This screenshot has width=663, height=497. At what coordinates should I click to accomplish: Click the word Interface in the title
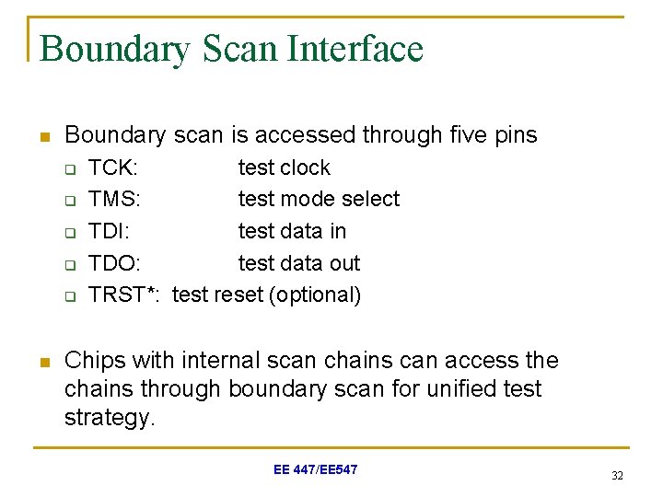coord(355,49)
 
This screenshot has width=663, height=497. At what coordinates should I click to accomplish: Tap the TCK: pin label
coord(113,168)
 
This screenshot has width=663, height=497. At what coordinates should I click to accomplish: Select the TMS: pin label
coord(114,199)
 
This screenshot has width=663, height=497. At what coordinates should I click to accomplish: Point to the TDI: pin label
coord(109,231)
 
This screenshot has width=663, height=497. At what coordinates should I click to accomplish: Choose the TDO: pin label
coord(114,263)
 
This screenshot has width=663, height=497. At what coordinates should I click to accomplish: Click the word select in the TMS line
coord(368,199)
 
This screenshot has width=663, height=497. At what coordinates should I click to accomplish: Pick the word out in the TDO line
coord(343,263)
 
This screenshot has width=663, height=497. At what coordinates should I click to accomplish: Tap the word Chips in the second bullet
coord(93,361)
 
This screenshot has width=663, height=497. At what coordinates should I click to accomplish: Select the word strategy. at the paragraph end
coord(110,419)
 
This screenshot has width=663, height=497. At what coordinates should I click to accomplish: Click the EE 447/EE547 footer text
coord(315,470)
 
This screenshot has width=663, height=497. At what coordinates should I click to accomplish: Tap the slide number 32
coord(616,475)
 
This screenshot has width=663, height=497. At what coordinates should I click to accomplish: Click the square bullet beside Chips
coord(42,360)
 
